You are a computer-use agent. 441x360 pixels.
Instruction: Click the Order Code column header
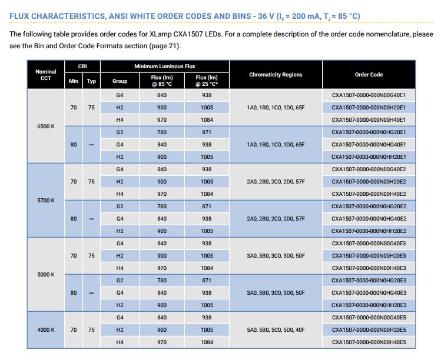coord(369,75)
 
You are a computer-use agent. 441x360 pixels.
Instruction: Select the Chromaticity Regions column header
coord(276,75)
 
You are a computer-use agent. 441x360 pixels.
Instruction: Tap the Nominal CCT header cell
coord(46,75)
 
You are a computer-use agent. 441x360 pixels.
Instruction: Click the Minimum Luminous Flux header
coord(165,66)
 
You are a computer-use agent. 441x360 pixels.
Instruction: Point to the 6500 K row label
coord(46,126)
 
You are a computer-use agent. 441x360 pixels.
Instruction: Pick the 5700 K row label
coord(46,201)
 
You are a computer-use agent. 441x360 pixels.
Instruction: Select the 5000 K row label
coord(46,275)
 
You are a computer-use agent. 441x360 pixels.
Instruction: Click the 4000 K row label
coord(46,329)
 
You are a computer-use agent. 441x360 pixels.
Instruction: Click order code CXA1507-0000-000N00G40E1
coord(369,95)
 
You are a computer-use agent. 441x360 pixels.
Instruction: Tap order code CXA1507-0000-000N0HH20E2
coord(369,231)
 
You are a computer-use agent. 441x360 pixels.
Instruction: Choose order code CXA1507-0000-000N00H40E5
coord(369,342)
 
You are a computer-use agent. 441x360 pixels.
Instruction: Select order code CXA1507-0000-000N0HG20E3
coord(369,281)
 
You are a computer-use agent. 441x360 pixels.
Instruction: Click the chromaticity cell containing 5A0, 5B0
coord(276,329)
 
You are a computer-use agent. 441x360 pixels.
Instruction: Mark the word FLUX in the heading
coord(19,16)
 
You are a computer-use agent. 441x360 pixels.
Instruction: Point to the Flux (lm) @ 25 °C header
coord(207,81)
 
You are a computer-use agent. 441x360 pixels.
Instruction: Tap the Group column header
coord(120,81)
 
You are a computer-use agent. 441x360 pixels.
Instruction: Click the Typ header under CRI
coord(91,81)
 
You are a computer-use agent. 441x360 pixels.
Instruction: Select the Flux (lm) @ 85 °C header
coord(162,81)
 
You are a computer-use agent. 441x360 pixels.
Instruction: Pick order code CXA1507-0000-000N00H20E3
coord(369,256)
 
